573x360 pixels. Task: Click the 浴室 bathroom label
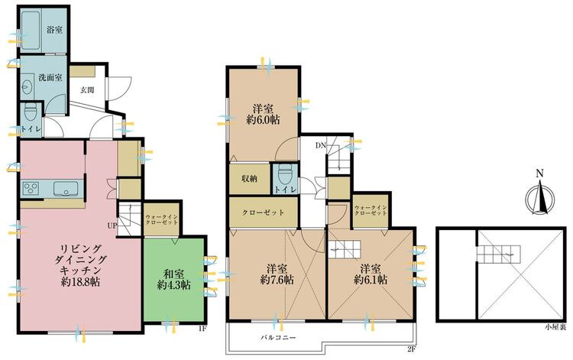54,30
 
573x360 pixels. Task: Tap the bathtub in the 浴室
31,29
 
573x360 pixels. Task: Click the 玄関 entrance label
87,89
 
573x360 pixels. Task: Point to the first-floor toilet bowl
29,112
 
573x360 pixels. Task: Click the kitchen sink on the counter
66,189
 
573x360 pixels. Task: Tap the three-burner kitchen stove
31,189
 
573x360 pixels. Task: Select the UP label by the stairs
112,225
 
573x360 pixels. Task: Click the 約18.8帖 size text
80,282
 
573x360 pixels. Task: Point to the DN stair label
320,145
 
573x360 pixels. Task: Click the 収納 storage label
249,178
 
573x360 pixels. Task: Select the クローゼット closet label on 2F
263,212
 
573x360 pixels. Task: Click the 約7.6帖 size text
277,280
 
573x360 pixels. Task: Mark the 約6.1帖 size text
371,280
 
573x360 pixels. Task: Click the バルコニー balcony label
278,337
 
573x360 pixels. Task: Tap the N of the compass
539,174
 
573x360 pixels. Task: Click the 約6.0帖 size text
263,119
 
